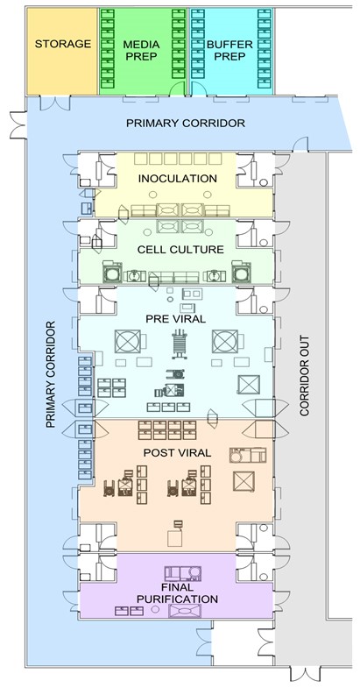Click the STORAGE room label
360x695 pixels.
[x=63, y=44]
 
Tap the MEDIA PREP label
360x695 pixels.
[x=141, y=50]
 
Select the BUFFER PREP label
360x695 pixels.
[x=229, y=50]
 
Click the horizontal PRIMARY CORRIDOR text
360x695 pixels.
[x=186, y=123]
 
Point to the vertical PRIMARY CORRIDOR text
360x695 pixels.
[x=51, y=374]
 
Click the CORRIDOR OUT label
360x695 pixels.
[x=304, y=375]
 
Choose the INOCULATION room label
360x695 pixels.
[x=178, y=179]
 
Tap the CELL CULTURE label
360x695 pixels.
[x=180, y=250]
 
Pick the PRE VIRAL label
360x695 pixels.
[x=176, y=319]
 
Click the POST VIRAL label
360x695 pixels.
[x=177, y=453]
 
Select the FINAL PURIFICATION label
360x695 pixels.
[x=177, y=593]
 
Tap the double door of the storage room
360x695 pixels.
[x=55, y=103]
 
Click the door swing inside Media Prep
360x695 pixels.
[x=178, y=89]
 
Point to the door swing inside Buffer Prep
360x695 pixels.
[x=199, y=89]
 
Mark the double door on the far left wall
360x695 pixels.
[x=18, y=124]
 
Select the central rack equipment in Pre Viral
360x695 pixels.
[x=180, y=344]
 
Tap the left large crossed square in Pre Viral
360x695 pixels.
[x=128, y=341]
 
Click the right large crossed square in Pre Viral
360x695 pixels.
[x=225, y=341]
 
